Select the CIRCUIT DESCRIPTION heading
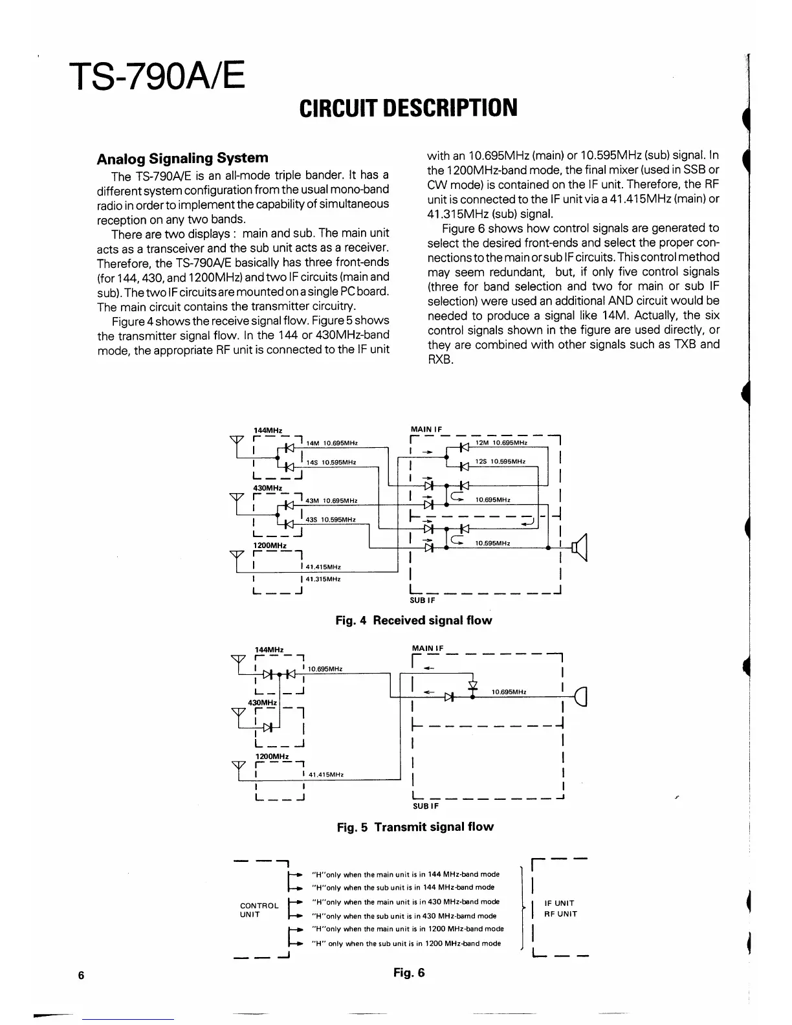pos(408,108)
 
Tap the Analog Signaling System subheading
pos(182,158)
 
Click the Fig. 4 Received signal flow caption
pos(413,621)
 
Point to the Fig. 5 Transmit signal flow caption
pos(415,827)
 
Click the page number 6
pos(81,976)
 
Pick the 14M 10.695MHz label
pos(332,443)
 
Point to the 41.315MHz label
pos(323,579)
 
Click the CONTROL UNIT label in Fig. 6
pos(259,910)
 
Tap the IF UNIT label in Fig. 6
pos(560,903)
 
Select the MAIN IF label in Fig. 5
pos(427,648)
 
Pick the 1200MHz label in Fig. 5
pos(272,756)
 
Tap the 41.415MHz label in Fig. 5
pos(326,775)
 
